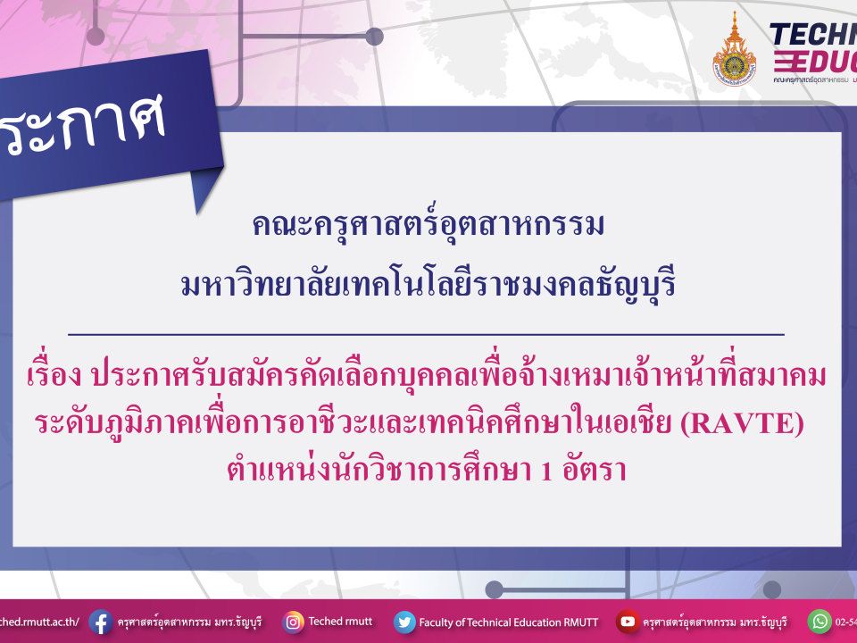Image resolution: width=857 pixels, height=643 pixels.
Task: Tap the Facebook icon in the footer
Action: [x=100, y=622]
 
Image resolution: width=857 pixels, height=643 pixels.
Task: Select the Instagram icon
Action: [x=293, y=622]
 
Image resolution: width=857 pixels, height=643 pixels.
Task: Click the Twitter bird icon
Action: [x=404, y=622]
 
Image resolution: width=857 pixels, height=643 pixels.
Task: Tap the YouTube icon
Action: [x=628, y=622]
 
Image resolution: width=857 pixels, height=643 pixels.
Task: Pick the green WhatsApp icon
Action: [x=819, y=622]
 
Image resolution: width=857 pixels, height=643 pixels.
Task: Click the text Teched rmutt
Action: [x=340, y=622]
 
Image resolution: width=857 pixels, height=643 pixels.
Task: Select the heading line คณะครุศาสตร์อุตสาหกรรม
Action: [x=428, y=225]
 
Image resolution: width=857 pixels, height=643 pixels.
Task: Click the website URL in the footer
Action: [x=40, y=622]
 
